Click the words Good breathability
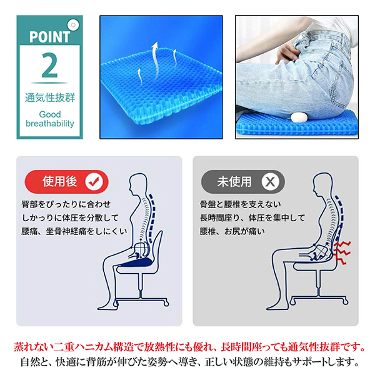pyautogui.click(x=50, y=119)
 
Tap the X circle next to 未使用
pyautogui.click(x=270, y=182)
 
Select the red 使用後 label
pyautogui.click(x=59, y=182)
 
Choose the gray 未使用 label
pyautogui.click(x=234, y=182)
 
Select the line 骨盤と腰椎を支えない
pyautogui.click(x=241, y=205)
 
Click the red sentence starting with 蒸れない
pyautogui.click(x=187, y=346)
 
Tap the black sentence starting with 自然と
pyautogui.click(x=187, y=362)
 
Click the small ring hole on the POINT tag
pyautogui.click(x=74, y=25)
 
